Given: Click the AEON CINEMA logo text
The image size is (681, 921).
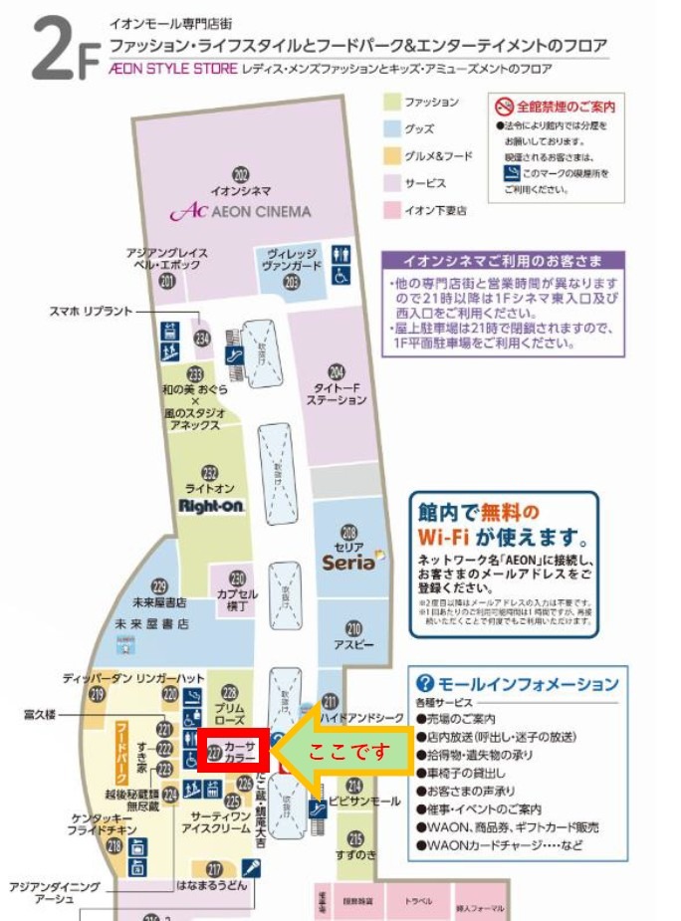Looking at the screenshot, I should point(241,211).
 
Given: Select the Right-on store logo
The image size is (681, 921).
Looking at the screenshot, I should point(211,505).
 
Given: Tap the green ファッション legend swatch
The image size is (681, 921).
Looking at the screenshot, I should point(393,103).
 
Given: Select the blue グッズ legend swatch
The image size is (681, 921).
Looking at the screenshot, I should point(393,128).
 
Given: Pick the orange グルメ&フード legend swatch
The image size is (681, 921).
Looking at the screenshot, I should point(393,155).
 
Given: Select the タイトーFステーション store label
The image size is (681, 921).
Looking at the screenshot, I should point(337,392).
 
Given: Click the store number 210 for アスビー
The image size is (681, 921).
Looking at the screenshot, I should point(353,628).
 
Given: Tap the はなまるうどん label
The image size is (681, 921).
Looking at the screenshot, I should point(209,883).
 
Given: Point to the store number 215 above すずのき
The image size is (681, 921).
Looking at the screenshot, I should point(355,837).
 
